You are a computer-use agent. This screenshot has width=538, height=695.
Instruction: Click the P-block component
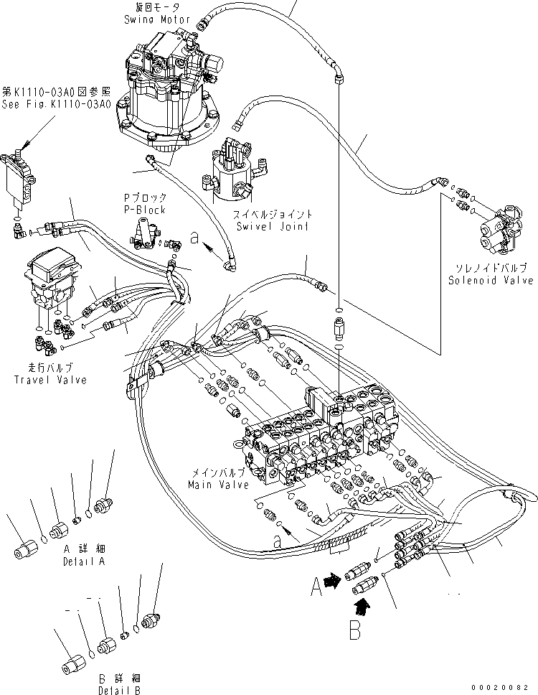pos(150,233)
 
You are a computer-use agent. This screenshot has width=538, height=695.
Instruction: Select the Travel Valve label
pos(50,374)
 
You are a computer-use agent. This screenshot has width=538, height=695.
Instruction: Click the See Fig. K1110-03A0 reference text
pos(55,98)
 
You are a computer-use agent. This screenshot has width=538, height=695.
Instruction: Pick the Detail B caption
pos(120,684)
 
